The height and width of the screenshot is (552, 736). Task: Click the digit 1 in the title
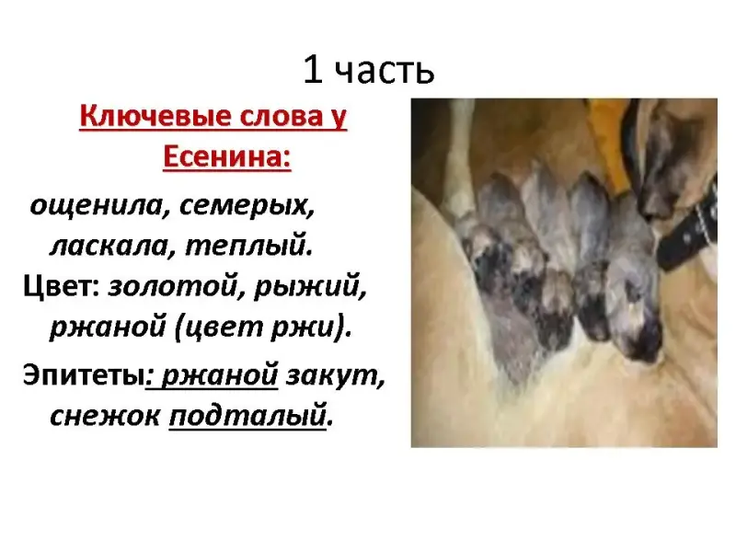313,70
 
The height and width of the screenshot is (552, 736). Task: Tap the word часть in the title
385,73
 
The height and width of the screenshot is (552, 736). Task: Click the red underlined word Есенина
226,156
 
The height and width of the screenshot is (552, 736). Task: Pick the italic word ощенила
96,205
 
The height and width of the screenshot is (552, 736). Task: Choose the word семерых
247,206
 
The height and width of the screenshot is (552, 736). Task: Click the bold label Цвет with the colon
62,285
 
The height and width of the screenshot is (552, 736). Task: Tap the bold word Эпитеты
83,375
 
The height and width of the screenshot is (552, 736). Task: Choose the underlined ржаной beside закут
220,376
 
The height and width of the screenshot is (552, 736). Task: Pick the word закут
335,375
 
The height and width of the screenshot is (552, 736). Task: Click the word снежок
105,416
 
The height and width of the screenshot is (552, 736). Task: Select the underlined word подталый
247,417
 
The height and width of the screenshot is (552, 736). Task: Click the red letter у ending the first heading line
339,118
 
